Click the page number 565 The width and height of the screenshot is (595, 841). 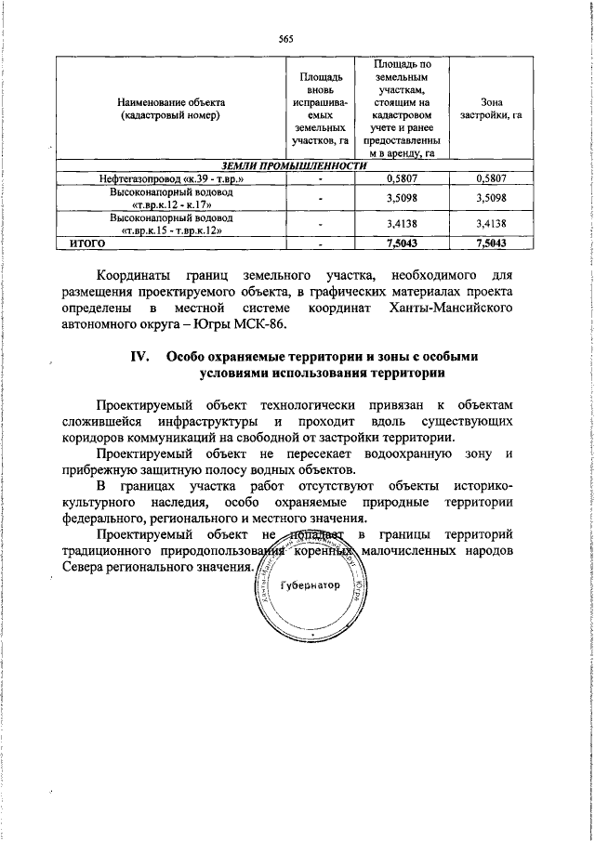click(286, 39)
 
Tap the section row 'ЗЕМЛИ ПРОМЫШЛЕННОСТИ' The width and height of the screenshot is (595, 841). click(284, 165)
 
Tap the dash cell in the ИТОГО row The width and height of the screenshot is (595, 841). click(320, 244)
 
